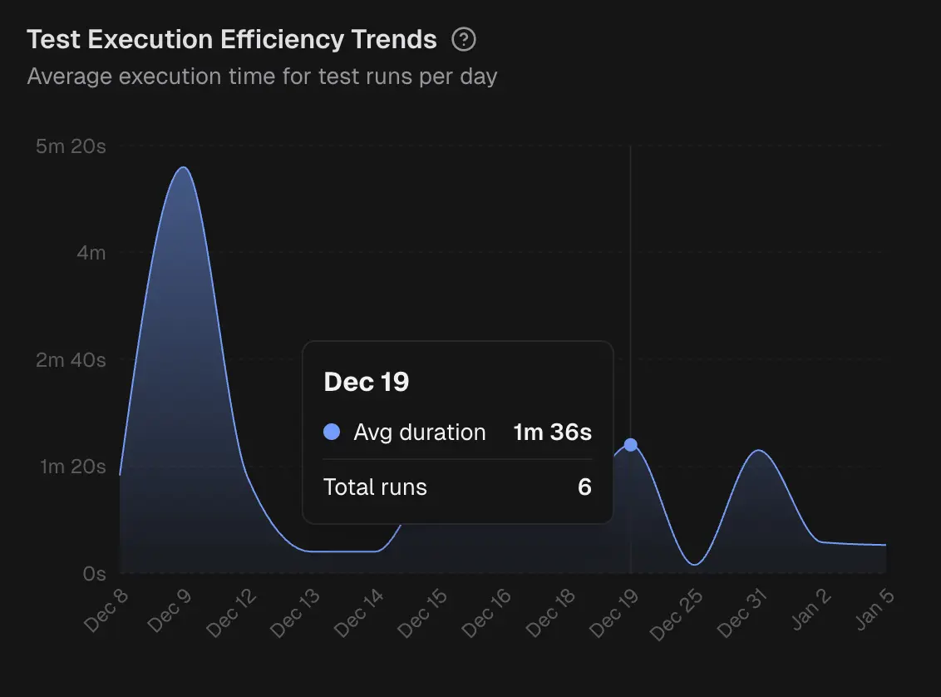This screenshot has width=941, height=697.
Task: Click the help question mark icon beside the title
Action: (464, 39)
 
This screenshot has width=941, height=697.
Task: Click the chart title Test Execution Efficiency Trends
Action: (232, 39)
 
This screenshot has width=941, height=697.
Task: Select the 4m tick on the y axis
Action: (91, 252)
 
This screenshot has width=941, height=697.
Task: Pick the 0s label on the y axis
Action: (95, 573)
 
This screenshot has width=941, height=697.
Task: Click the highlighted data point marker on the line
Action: (631, 445)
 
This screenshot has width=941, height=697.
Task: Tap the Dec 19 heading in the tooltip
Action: (367, 382)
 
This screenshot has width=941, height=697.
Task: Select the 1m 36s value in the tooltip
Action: (552, 433)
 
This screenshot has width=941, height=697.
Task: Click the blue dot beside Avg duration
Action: (332, 433)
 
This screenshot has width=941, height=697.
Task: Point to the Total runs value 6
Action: (584, 487)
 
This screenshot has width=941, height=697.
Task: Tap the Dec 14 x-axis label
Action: (361, 614)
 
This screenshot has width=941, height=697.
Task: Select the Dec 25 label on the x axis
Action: (677, 614)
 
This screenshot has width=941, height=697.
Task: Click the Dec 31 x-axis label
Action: (741, 614)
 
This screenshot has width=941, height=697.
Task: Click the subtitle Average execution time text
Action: (262, 77)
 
